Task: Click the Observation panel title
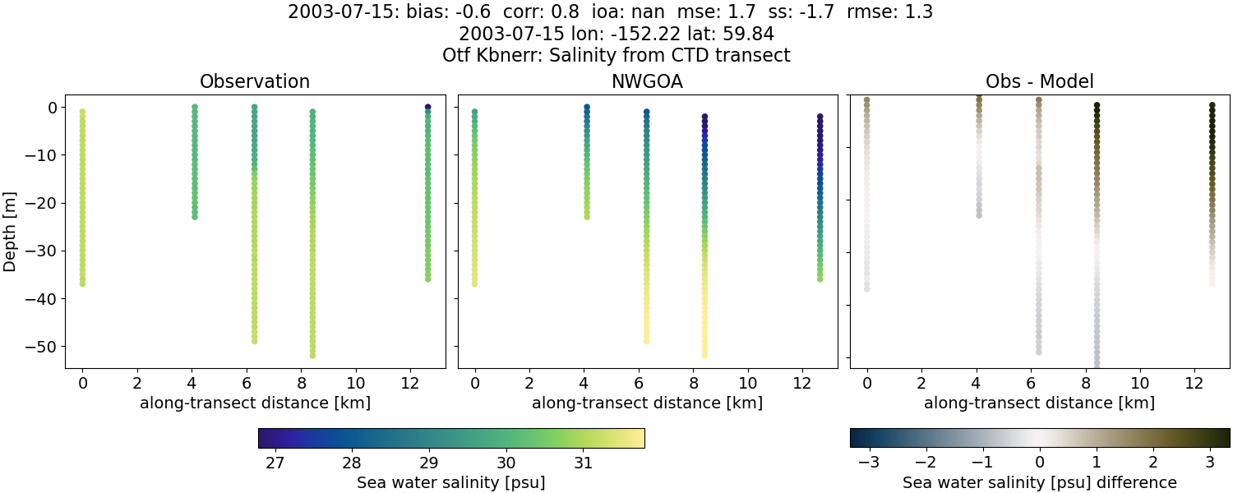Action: tap(255, 81)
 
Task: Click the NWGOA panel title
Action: tap(647, 81)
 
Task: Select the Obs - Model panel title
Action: tap(1039, 81)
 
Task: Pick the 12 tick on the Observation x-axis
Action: tap(410, 383)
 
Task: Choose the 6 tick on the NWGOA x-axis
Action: tap(639, 383)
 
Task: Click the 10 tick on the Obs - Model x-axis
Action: tap(1140, 383)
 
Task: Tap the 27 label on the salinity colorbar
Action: tap(275, 463)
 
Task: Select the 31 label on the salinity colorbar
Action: tap(584, 463)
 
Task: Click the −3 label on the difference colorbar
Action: tap(868, 463)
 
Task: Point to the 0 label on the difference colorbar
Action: tap(1040, 463)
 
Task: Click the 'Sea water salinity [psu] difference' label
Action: tap(1040, 482)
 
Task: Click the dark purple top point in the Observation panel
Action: tap(427, 107)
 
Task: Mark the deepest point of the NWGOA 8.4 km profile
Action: tap(704, 355)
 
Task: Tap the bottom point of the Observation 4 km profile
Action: tap(195, 216)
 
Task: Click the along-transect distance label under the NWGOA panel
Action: tap(647, 403)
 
